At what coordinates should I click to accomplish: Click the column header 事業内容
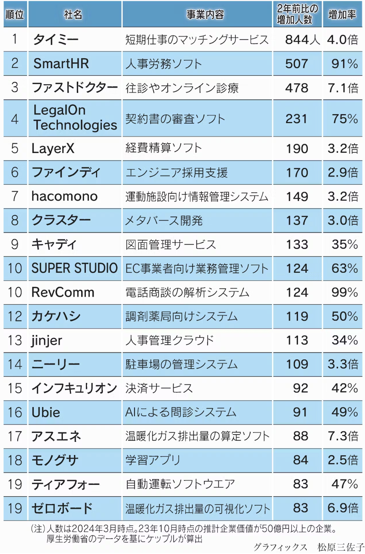coord(205,14)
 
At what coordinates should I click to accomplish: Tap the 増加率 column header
coord(342,14)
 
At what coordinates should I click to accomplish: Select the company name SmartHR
coord(61,64)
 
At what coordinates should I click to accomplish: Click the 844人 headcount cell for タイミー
coord(302,40)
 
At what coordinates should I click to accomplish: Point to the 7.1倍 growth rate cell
coord(343,88)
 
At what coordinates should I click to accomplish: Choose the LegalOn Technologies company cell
coord(75,118)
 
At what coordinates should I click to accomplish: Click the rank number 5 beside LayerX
coord(15,148)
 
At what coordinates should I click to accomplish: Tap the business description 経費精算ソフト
coord(163,148)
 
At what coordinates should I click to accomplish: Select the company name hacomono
coord(65,196)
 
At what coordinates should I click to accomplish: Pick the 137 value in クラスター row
coord(297,220)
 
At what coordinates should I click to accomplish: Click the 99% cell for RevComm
coord(344,292)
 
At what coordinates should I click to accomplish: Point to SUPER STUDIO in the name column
coord(75,268)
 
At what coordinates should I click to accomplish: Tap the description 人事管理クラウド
coord(170,340)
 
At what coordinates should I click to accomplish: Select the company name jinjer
coord(47,340)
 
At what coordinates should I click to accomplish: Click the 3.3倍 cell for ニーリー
coord(343,364)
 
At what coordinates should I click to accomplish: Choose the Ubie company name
coord(46,412)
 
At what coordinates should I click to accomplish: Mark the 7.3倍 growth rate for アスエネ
coord(343,436)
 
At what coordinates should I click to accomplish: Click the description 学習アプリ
coord(153,460)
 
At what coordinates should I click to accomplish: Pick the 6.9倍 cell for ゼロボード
coord(343,508)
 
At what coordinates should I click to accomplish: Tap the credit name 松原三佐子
coord(340,547)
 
